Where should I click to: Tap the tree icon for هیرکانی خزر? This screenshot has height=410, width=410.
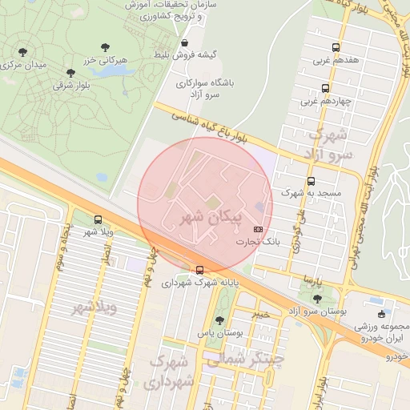106,48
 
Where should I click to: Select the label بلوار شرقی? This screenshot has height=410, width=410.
70,84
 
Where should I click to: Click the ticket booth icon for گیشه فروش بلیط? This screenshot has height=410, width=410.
185,43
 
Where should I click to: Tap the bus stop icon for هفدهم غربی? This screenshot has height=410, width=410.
335,47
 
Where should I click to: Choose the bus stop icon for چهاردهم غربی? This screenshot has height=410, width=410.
325,89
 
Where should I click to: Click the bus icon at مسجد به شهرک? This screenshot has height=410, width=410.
311,181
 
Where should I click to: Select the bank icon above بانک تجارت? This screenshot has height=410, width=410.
258,228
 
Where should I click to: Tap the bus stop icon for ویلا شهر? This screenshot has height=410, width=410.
98,219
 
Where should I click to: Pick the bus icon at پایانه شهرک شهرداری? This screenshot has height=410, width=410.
199,270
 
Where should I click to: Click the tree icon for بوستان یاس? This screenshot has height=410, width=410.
219,320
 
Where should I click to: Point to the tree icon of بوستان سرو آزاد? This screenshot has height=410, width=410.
380,300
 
